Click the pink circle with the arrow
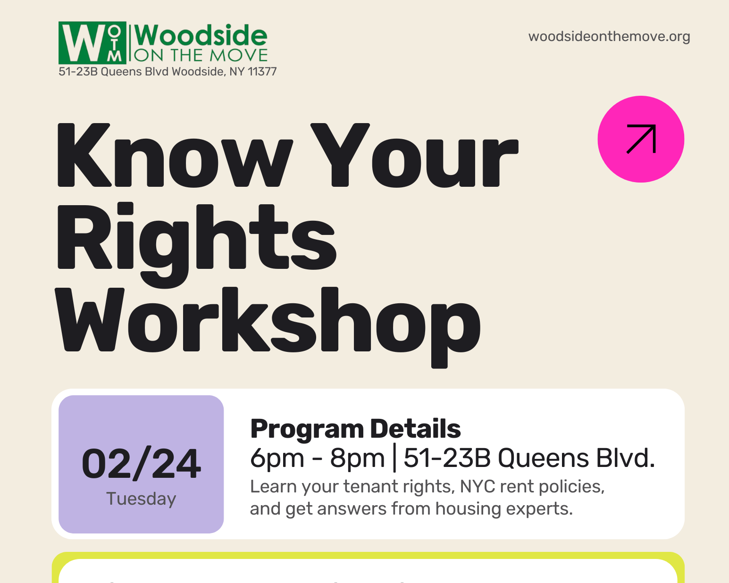[x=641, y=139]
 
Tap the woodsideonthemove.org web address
[x=609, y=36]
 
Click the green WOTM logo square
[x=92, y=42]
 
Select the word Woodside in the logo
[x=201, y=35]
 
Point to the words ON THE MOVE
[x=201, y=56]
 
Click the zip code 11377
[x=262, y=72]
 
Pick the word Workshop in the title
[x=268, y=321]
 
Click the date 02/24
[x=141, y=464]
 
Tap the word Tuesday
[x=141, y=499]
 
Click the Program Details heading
[x=355, y=429]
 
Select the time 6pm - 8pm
[x=317, y=458]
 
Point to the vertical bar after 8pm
[x=394, y=458]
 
